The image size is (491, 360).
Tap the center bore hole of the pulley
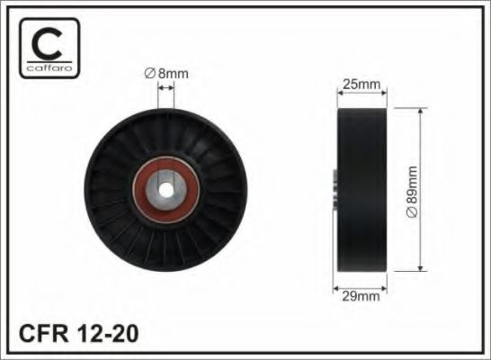pyautogui.click(x=167, y=189)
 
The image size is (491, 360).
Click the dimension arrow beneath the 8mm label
pyautogui.click(x=165, y=87)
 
